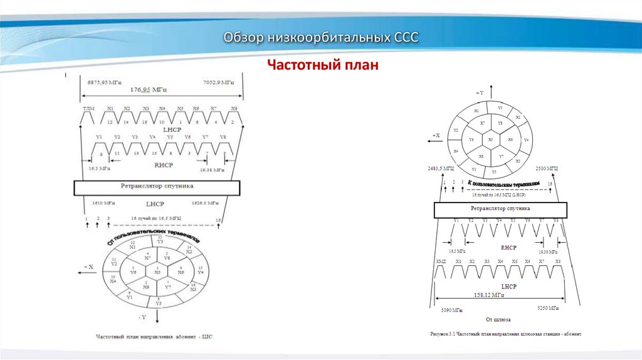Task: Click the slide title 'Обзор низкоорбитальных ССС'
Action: (321, 38)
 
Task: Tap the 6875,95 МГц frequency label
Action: (104, 83)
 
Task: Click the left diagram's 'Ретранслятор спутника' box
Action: (157, 187)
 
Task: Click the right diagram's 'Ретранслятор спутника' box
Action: (500, 209)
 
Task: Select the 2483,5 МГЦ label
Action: (441, 169)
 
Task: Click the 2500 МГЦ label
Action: (547, 169)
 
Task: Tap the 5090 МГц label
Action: (450, 309)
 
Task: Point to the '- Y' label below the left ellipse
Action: (144, 317)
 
